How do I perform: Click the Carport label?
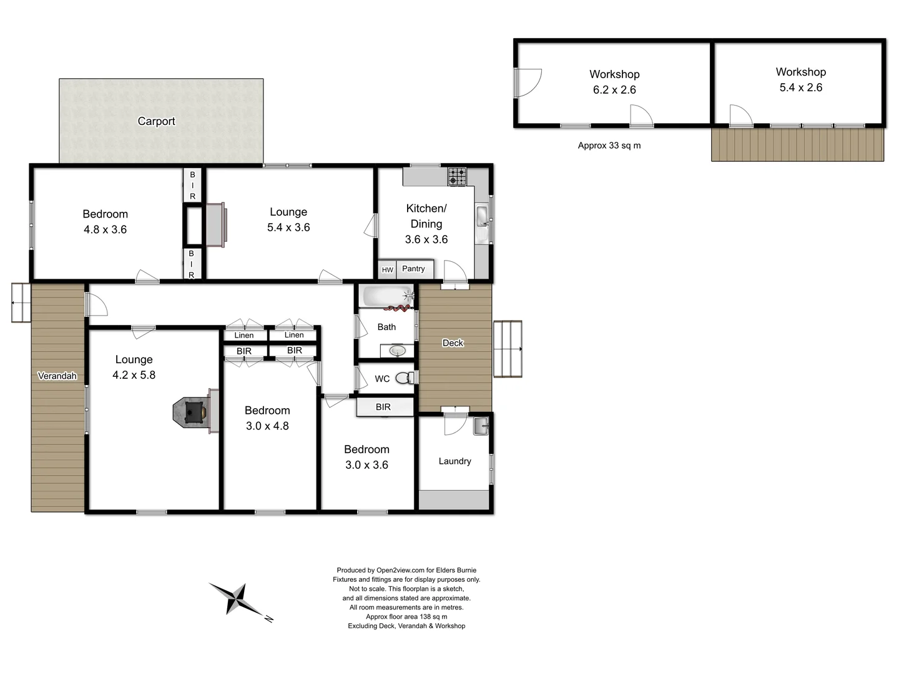[x=156, y=121]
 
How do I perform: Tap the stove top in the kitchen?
[x=457, y=177]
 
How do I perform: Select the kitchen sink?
[x=483, y=217]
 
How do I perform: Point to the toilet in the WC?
[x=405, y=377]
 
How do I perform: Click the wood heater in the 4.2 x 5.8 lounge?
[x=190, y=412]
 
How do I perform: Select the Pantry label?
[x=413, y=269]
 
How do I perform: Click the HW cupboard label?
[x=387, y=270]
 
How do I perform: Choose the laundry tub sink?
[x=481, y=427]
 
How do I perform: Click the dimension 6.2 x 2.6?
[x=614, y=90]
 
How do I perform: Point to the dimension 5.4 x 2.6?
[x=800, y=87]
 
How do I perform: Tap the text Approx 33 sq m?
[x=609, y=146]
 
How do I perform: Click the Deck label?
[x=453, y=342]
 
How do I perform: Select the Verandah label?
[x=57, y=376]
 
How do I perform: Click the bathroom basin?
[x=398, y=351]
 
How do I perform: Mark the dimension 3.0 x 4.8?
[x=267, y=426]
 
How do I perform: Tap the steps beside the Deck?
[x=508, y=349]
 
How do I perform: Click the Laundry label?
[x=454, y=461]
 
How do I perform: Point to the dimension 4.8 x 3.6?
[x=105, y=229]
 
